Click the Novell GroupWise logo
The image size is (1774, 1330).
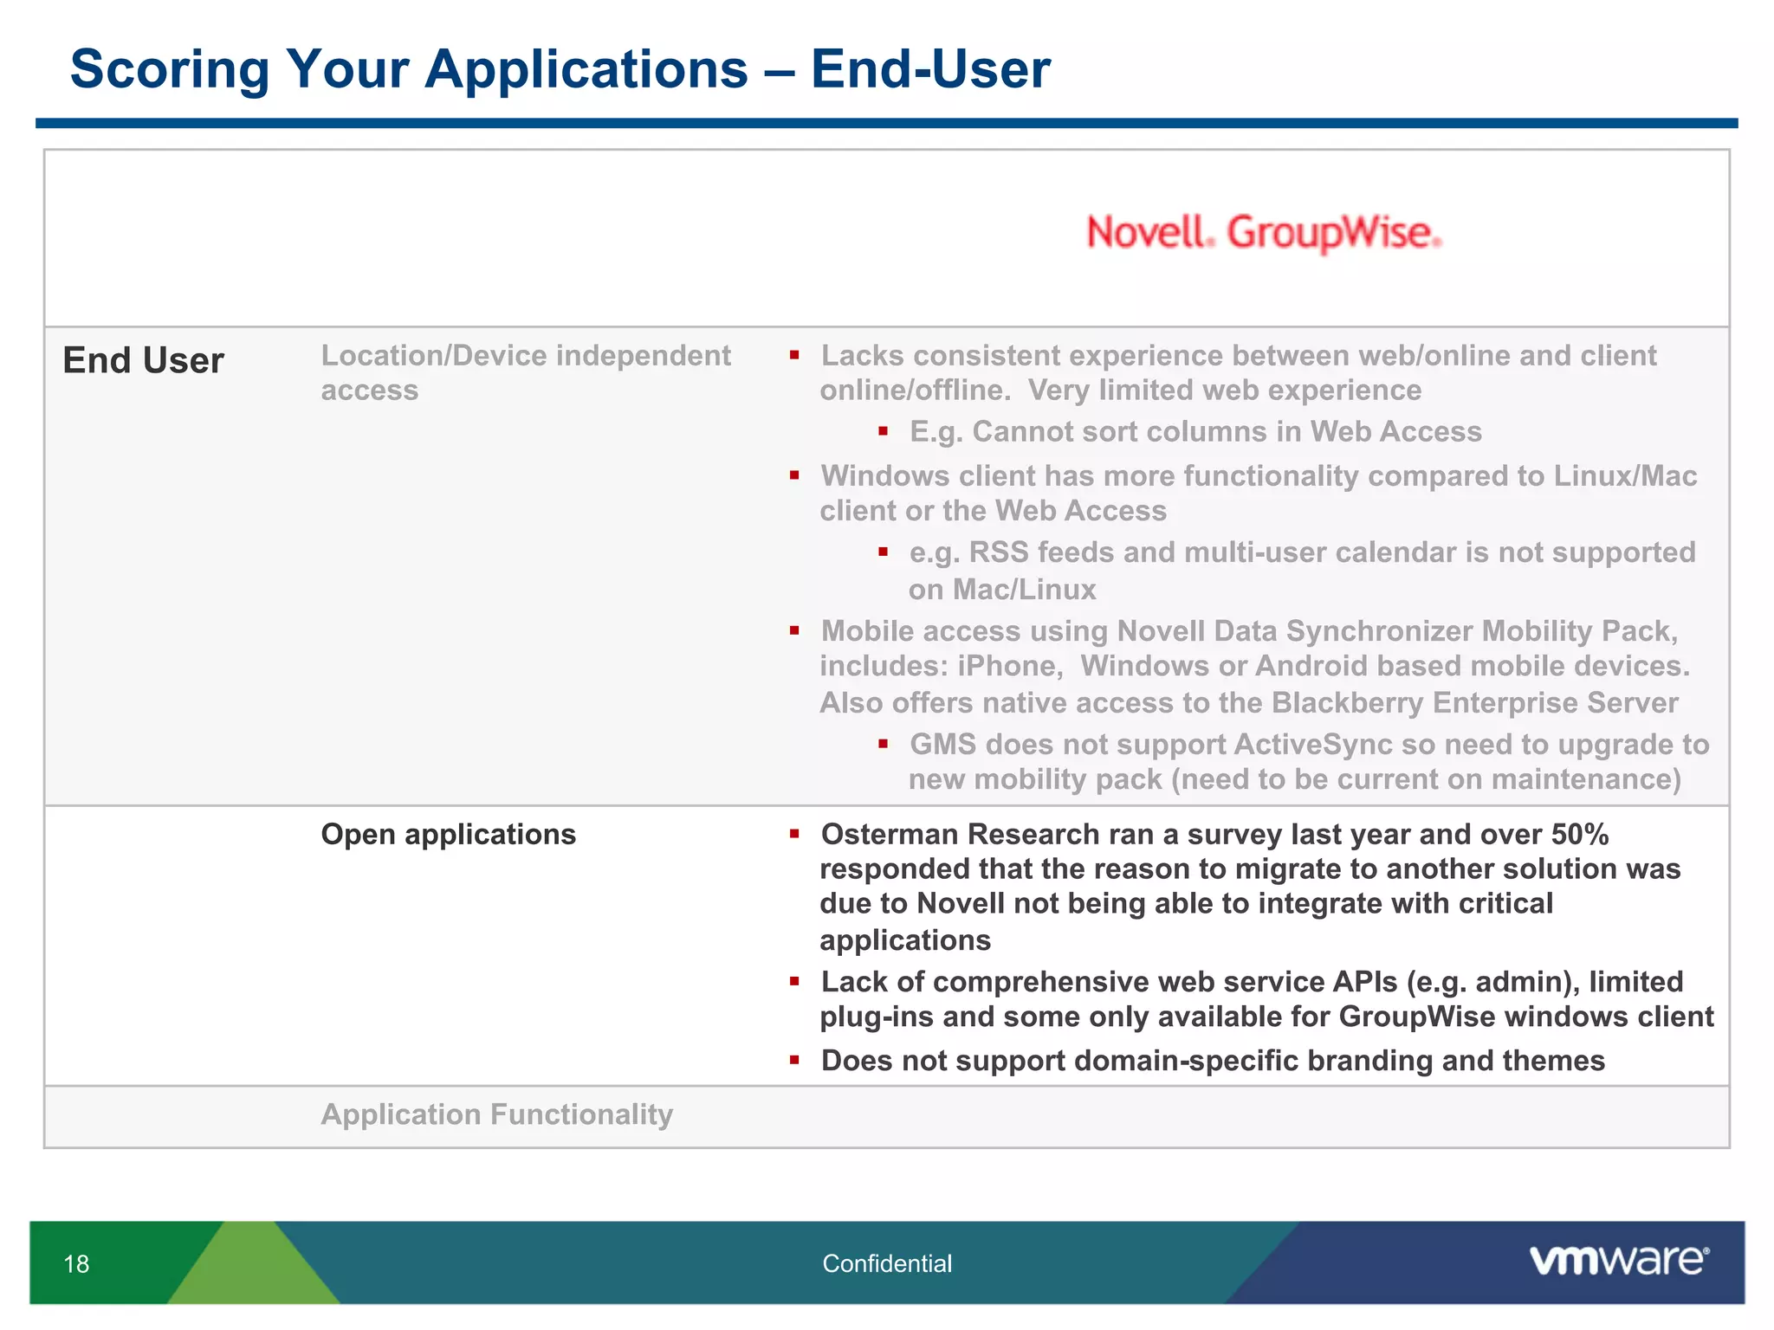coord(1264,233)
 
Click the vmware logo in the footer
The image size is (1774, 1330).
coord(1618,1261)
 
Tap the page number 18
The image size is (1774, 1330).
coord(76,1264)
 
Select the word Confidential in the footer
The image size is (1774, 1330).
coord(886,1264)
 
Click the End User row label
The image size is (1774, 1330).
coord(143,361)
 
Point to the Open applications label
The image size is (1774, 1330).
coord(448,835)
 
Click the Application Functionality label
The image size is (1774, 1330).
coord(496,1114)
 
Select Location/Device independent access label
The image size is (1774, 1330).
coord(525,372)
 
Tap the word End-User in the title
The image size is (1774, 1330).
coord(929,68)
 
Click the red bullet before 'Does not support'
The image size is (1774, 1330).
coord(793,1060)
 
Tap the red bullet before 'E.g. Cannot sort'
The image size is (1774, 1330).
coord(883,430)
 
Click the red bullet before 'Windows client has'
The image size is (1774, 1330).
coord(793,475)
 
